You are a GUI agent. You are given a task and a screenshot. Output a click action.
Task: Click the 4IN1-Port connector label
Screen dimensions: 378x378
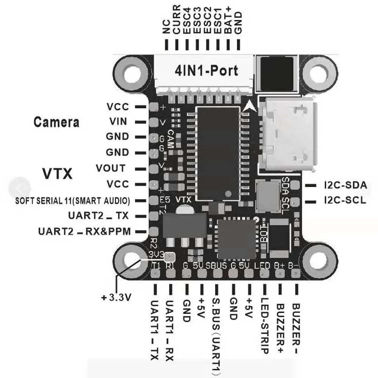(x=206, y=71)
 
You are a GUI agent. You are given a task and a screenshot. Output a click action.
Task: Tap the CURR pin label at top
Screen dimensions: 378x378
(x=177, y=23)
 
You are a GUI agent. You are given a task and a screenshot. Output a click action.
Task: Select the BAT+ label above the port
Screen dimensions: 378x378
(x=228, y=23)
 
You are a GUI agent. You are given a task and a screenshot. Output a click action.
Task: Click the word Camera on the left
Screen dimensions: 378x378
(x=57, y=122)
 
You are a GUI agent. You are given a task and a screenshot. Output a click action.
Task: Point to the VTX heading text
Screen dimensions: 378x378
(x=57, y=174)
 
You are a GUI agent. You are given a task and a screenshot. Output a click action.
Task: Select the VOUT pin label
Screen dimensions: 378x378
(x=110, y=168)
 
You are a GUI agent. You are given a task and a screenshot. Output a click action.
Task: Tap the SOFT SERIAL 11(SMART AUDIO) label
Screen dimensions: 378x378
(x=73, y=200)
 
